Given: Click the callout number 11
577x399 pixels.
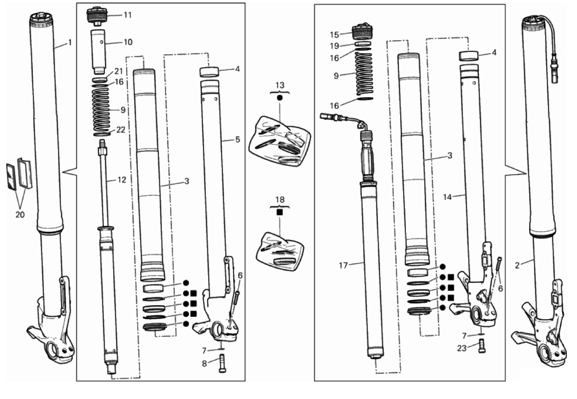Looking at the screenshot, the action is click(127, 15).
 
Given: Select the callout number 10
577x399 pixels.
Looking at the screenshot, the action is click(128, 43).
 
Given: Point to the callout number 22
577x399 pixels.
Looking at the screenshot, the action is click(121, 130).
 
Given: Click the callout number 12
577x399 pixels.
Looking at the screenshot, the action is click(122, 180).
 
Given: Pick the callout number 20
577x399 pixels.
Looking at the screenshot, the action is click(20, 215).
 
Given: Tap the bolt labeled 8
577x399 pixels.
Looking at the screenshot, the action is click(222, 363).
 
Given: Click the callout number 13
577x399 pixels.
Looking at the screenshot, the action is click(280, 85).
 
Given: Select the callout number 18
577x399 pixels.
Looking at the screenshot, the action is click(280, 200).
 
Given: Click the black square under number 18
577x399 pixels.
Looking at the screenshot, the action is click(280, 212).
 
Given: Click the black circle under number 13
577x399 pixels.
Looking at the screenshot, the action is click(280, 98).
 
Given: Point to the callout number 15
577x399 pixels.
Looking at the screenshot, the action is click(334, 35).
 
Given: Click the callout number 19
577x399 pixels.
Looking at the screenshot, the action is click(334, 46).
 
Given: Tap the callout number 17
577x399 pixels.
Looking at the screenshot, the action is click(343, 265).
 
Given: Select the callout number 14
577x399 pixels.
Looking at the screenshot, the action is click(447, 197).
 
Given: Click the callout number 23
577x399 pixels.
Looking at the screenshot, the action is click(462, 348).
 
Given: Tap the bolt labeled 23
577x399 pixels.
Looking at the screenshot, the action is click(482, 346).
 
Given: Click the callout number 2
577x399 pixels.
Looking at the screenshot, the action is click(517, 265).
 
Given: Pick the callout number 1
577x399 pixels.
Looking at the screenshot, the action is click(70, 43).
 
